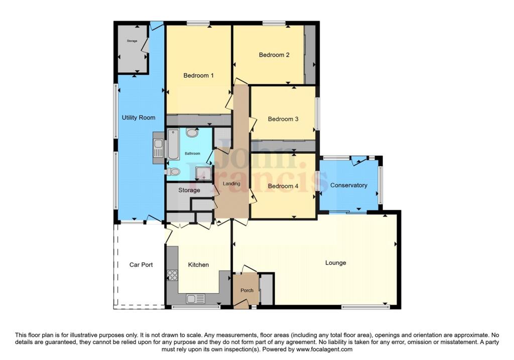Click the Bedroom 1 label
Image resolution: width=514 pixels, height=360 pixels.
(198, 76)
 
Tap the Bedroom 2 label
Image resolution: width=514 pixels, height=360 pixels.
(274, 55)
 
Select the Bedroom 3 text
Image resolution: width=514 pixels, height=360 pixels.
(283, 119)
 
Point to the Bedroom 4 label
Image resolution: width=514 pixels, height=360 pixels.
(283, 186)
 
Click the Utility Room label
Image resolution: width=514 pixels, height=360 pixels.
(139, 117)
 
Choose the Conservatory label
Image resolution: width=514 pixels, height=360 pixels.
(348, 185)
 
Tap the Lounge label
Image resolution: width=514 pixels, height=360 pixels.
(335, 263)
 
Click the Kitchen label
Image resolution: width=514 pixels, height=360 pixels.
(198, 265)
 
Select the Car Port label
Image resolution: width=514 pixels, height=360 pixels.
(141, 265)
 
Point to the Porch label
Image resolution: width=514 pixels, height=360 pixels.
(247, 290)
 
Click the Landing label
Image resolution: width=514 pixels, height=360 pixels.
(231, 184)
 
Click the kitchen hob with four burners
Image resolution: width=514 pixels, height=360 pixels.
(172, 275)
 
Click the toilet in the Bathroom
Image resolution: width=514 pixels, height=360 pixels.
(173, 172)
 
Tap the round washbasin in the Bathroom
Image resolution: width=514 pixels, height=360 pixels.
(192, 133)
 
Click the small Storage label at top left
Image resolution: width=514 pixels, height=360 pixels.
(132, 41)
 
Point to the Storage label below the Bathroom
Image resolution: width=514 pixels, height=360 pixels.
(189, 190)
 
